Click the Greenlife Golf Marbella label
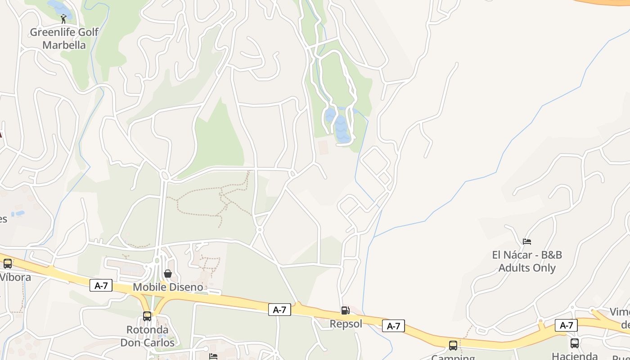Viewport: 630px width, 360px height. pyautogui.click(x=64, y=39)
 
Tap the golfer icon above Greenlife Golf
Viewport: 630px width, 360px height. pyautogui.click(x=63, y=19)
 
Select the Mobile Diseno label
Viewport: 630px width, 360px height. pyautogui.click(x=168, y=287)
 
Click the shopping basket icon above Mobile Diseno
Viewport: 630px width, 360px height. pyautogui.click(x=168, y=274)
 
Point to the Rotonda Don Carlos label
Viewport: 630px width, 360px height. pyautogui.click(x=147, y=336)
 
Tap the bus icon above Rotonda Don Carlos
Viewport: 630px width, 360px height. pyautogui.click(x=147, y=316)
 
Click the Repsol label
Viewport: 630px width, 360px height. pyautogui.click(x=346, y=324)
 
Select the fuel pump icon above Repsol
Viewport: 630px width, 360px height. pyautogui.click(x=345, y=310)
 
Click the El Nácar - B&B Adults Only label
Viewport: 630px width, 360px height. pyautogui.click(x=527, y=261)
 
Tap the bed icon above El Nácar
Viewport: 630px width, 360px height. pyautogui.click(x=527, y=242)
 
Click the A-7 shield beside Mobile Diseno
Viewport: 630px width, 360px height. pyautogui.click(x=101, y=285)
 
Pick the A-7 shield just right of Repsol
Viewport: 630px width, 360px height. pyautogui.click(x=393, y=326)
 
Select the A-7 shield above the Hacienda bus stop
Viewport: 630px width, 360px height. pyautogui.click(x=566, y=325)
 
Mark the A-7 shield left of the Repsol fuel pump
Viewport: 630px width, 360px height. pyautogui.click(x=279, y=310)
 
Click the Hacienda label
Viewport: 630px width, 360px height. pyautogui.click(x=575, y=356)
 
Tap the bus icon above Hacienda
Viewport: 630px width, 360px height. pyautogui.click(x=575, y=343)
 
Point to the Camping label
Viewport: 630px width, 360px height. pyautogui.click(x=453, y=357)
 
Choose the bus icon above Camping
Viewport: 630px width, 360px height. pyautogui.click(x=453, y=346)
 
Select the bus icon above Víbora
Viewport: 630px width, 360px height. pyautogui.click(x=8, y=264)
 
